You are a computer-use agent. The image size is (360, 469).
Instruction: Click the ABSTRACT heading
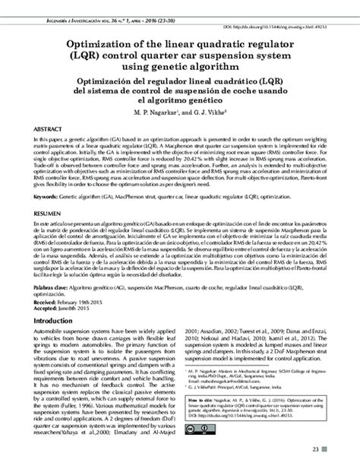[48, 130]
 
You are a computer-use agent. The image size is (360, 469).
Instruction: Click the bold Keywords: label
[49, 196]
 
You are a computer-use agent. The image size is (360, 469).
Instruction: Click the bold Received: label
[48, 302]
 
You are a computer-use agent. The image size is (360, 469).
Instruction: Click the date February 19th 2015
[87, 302]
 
